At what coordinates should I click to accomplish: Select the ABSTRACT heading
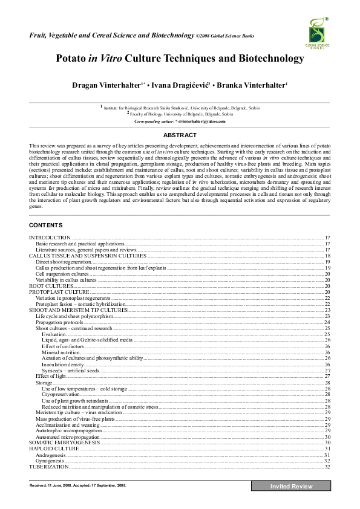[x=180, y=135]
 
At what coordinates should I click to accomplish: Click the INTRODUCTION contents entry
[x=50, y=238]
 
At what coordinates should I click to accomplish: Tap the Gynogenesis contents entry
[x=50, y=461]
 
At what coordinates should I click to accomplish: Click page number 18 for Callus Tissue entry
[x=327, y=256]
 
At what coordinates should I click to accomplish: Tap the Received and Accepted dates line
[x=77, y=485]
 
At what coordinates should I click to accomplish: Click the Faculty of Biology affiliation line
[x=180, y=114]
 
